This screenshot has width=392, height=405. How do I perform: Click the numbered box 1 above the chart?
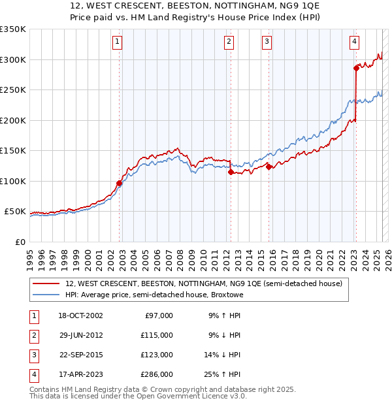tap(117, 42)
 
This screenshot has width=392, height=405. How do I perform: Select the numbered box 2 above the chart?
tap(229, 42)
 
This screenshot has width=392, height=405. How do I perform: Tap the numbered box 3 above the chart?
tap(267, 42)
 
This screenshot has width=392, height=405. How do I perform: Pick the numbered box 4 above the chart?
tap(353, 42)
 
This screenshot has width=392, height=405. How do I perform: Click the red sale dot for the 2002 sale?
tap(120, 183)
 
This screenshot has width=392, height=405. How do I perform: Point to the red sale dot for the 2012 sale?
tap(231, 172)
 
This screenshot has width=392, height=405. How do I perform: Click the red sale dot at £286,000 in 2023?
tap(356, 67)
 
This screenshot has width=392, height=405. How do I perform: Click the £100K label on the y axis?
tap(13, 181)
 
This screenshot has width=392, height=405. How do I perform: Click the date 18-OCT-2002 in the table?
tap(80, 316)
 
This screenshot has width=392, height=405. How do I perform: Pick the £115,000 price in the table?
tap(157, 335)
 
